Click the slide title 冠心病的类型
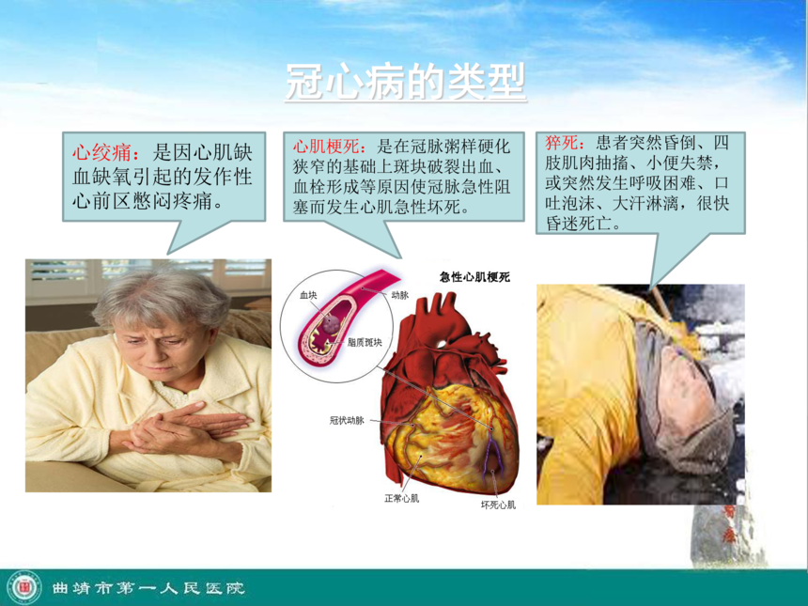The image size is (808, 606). [406, 83]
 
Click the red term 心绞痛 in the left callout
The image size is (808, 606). [101, 153]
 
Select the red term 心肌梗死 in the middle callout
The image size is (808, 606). [326, 147]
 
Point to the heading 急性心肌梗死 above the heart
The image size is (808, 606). [474, 277]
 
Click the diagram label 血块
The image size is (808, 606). [308, 295]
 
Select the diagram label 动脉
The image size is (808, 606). [400, 295]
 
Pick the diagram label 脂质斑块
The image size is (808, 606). [365, 342]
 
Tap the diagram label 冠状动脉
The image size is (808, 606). [347, 421]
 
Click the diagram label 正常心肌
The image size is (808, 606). [401, 498]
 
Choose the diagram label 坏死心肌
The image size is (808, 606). [498, 505]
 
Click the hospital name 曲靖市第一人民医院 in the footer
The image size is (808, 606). [148, 588]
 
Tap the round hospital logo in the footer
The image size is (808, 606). [24, 588]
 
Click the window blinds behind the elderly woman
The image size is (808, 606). [148, 278]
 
